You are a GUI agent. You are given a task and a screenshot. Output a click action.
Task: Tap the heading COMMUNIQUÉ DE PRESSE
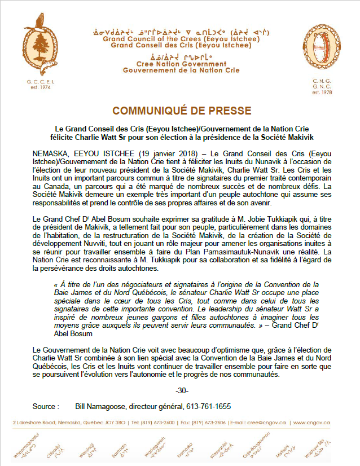[x=180, y=110]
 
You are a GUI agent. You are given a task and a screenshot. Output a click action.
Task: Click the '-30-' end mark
[x=182, y=391]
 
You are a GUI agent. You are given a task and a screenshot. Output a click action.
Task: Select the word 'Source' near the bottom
[x=45, y=406]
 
